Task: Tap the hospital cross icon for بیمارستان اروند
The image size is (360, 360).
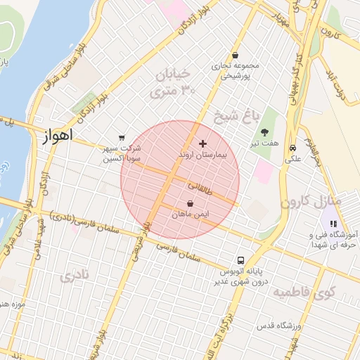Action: pos(203,143)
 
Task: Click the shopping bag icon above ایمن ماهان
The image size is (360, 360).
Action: pos(190,203)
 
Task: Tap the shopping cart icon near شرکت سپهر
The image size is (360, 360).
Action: pos(122,138)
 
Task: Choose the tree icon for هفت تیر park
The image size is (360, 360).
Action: pos(264,132)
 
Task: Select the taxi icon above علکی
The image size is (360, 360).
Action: pos(292,148)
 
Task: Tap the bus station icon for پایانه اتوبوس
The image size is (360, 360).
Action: pos(241,259)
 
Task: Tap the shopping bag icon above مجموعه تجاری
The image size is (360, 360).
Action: pos(234,56)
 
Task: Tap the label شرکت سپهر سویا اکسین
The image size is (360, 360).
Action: pos(122,154)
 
